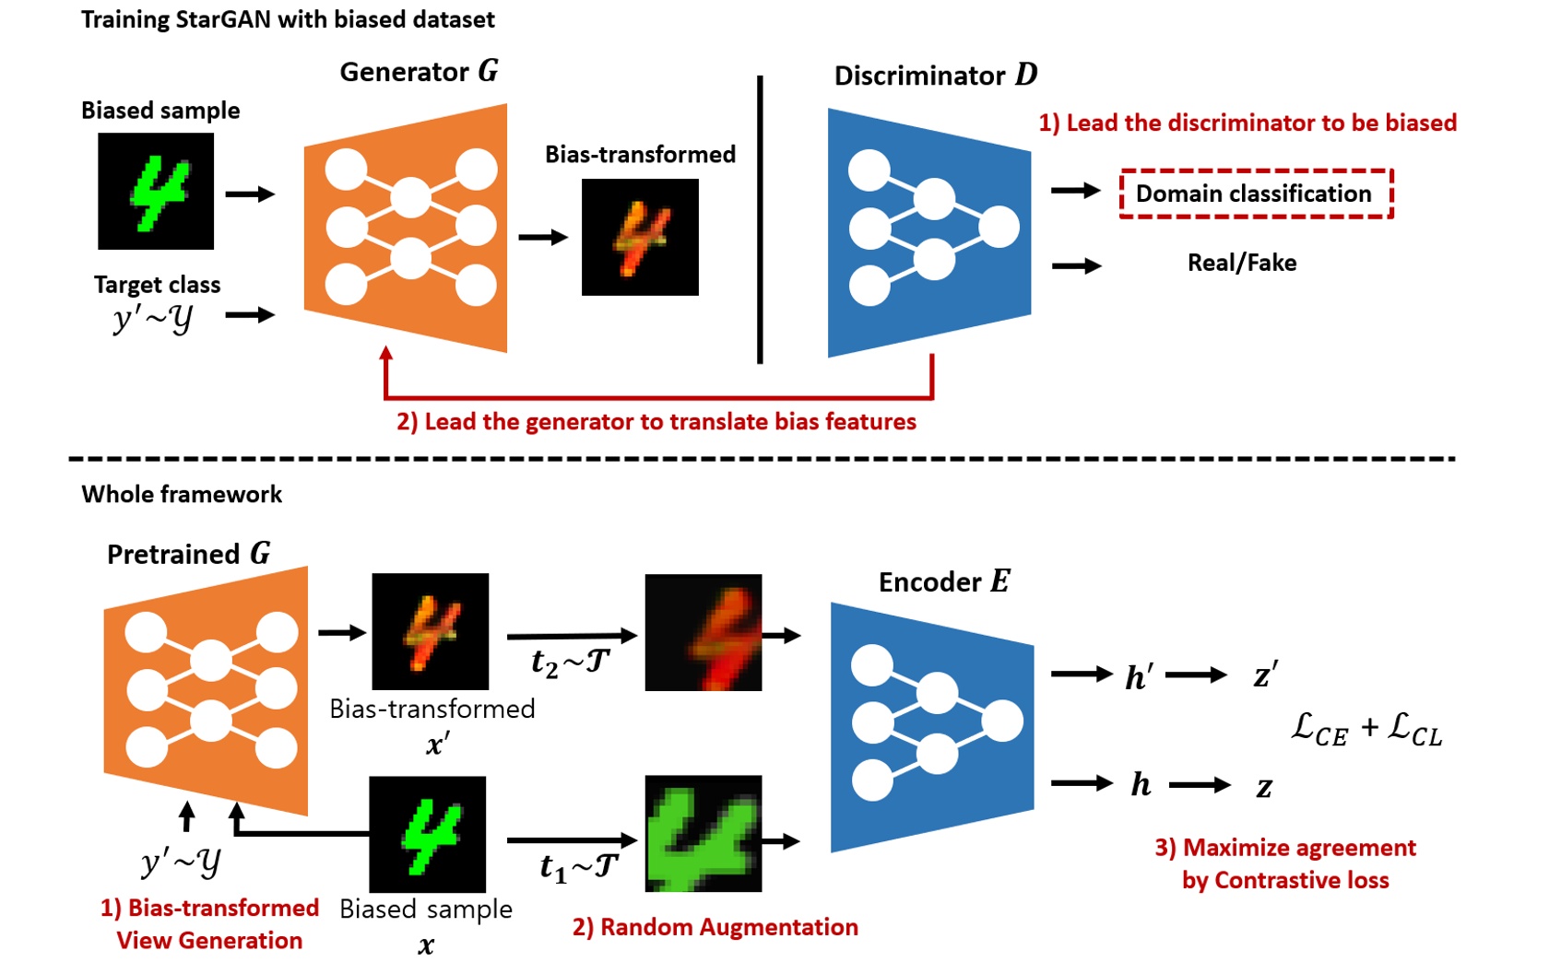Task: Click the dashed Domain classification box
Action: coord(1255,194)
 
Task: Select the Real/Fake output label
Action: coord(1241,264)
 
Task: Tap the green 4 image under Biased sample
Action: coord(156,192)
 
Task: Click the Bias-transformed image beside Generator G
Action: coord(640,238)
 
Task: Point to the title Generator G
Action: coord(419,72)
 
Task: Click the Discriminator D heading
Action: coord(935,76)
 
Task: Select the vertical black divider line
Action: coord(760,221)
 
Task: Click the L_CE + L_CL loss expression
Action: coord(1366,729)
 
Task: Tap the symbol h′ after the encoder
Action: coord(1139,677)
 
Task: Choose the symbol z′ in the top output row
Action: coord(1265,675)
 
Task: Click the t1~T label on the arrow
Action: coord(578,866)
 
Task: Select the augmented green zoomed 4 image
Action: coord(704,834)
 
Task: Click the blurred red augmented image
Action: coord(704,632)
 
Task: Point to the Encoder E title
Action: coord(943,582)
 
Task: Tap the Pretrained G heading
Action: coord(188,554)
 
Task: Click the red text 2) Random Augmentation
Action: coord(715,927)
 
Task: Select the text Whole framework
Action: coord(182,495)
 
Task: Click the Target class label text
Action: coord(157,285)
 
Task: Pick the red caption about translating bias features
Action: coord(656,422)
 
